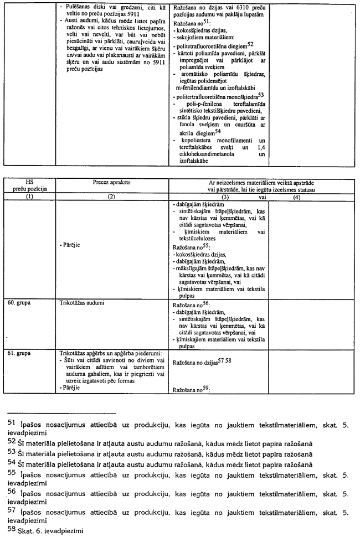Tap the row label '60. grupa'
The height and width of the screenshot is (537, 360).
click(x=19, y=304)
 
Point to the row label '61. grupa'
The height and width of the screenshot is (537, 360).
click(x=19, y=352)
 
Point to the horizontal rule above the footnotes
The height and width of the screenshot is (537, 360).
click(x=61, y=413)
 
